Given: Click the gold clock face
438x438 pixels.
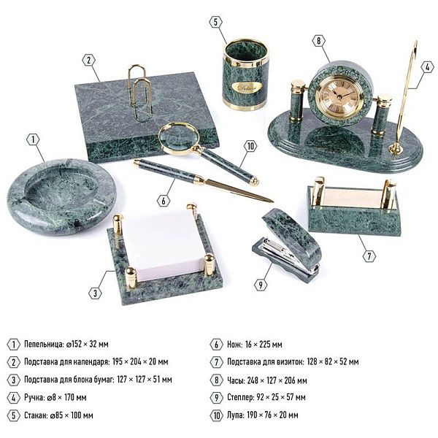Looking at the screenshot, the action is (340, 96).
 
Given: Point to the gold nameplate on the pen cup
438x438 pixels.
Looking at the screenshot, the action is (246, 88).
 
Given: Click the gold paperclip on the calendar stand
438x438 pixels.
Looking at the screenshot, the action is (140, 92).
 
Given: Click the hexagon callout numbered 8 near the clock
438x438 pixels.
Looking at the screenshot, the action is (319, 41).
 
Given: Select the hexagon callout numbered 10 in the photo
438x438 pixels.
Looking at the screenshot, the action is (250, 146).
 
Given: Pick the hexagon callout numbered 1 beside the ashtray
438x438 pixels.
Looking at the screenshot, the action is (34, 139).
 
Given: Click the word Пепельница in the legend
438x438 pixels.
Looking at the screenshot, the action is (44, 344).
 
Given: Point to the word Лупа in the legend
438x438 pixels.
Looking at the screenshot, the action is (235, 415).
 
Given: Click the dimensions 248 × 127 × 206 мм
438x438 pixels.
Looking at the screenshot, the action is (277, 380).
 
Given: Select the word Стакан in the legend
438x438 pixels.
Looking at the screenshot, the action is (36, 415).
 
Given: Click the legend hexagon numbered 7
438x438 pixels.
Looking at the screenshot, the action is (217, 362).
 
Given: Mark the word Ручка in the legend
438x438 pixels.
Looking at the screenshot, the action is (34, 398).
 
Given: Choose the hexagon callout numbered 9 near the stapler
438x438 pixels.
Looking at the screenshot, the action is (261, 285).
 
